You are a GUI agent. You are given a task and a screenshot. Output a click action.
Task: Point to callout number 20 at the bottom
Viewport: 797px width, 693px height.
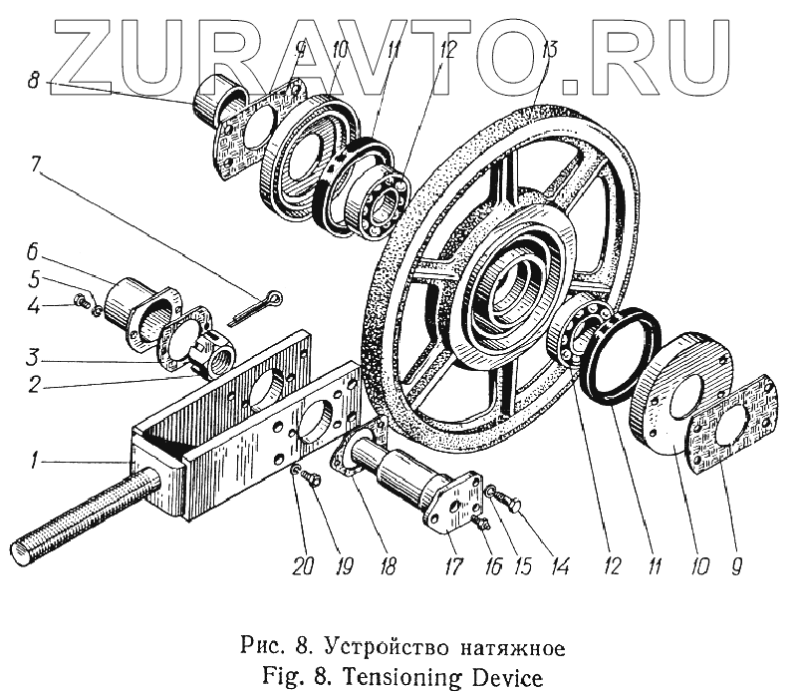coord(303,566)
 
